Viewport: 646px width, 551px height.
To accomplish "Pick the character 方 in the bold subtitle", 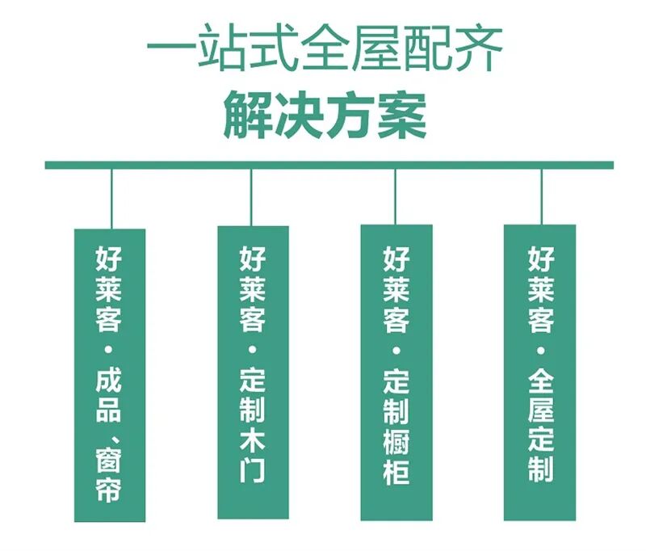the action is [349, 117].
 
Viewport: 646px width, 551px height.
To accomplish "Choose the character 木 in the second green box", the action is [252, 442].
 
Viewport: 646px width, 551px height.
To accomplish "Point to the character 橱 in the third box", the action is [396, 442].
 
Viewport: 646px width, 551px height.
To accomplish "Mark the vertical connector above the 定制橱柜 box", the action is [395, 198].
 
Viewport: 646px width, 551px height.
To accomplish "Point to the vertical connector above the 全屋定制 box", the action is [541, 198].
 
